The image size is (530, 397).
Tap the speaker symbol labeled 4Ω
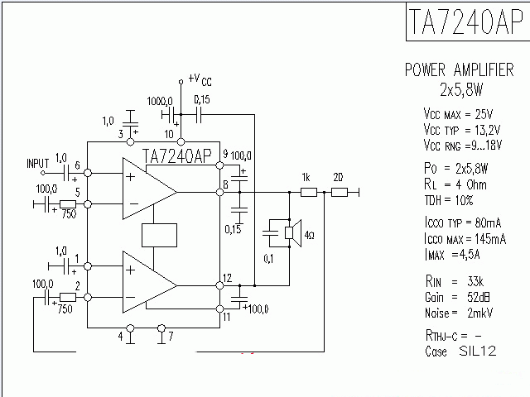[290, 235]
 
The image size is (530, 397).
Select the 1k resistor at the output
[307, 193]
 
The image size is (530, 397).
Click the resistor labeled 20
[338, 193]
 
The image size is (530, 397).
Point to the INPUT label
[38, 162]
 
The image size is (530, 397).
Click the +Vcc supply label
[200, 79]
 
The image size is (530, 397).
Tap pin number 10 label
[169, 133]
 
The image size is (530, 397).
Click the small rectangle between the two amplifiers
[161, 236]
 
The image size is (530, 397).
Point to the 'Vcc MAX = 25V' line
[458, 113]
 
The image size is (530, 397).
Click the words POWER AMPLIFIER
[459, 69]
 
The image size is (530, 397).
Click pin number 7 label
[171, 337]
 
